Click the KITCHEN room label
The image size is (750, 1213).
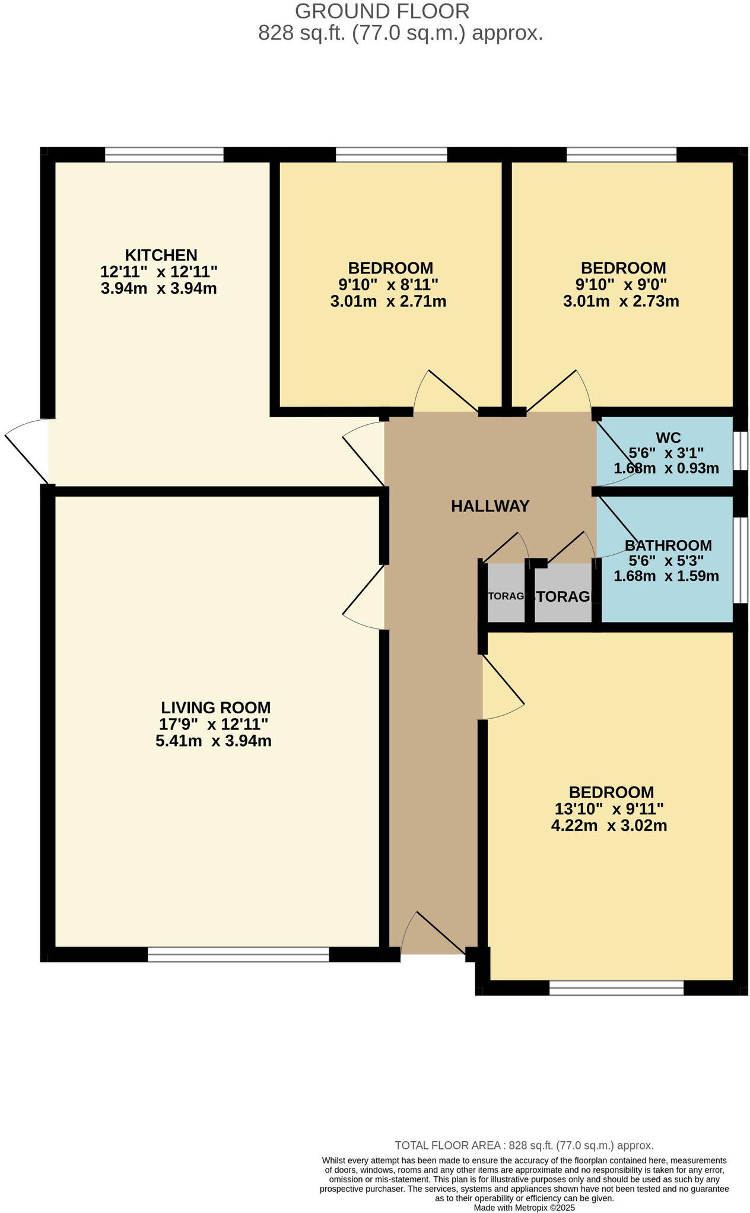tap(161, 255)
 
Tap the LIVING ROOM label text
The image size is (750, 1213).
tap(215, 707)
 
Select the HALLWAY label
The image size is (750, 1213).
tap(490, 506)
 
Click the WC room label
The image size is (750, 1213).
tap(668, 438)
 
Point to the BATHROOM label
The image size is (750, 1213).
tap(668, 545)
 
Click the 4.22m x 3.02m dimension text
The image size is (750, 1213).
tap(609, 825)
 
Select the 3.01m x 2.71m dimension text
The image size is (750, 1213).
tap(388, 301)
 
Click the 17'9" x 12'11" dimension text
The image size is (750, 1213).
tap(214, 724)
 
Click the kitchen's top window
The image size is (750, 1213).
tap(164, 155)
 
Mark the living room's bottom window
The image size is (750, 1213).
tap(238, 954)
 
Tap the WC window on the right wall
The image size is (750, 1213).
tap(740, 451)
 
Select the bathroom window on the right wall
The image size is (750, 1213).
tap(740, 560)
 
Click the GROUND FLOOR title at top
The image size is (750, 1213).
tap(382, 11)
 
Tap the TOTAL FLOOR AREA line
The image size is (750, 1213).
tap(524, 1145)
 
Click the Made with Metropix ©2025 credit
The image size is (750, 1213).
tap(524, 1207)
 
